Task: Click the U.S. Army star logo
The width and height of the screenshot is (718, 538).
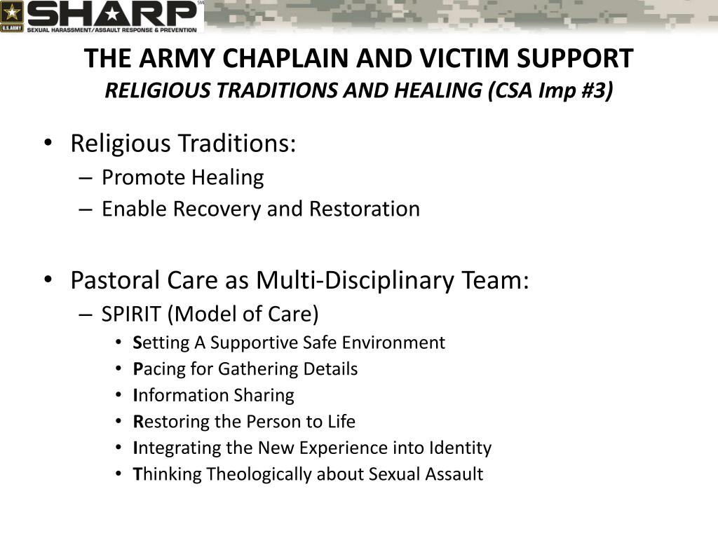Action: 13,15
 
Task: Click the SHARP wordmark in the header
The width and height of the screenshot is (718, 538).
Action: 112,13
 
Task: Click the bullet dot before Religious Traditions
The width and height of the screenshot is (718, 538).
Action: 47,143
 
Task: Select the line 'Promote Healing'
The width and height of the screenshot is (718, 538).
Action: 182,178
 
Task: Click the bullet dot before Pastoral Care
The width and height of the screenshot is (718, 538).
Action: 47,280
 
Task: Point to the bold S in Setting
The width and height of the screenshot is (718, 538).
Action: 137,343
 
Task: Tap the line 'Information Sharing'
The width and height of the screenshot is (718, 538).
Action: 213,395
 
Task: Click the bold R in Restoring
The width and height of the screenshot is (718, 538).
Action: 137,422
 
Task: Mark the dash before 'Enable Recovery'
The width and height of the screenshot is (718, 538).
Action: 86,209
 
